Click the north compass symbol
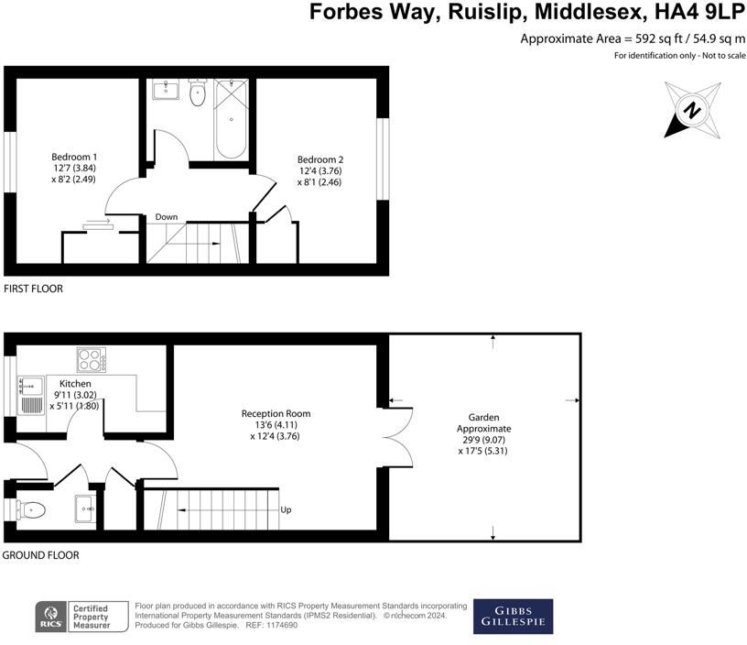click(693, 110)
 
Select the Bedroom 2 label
click(320, 170)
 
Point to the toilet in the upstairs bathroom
click(197, 93)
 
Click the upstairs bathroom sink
click(168, 89)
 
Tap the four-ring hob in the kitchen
click(91, 359)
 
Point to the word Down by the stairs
click(166, 217)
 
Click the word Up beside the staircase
click(287, 510)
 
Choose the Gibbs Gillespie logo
click(513, 617)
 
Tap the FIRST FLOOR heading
click(33, 289)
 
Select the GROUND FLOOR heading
click(40, 555)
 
